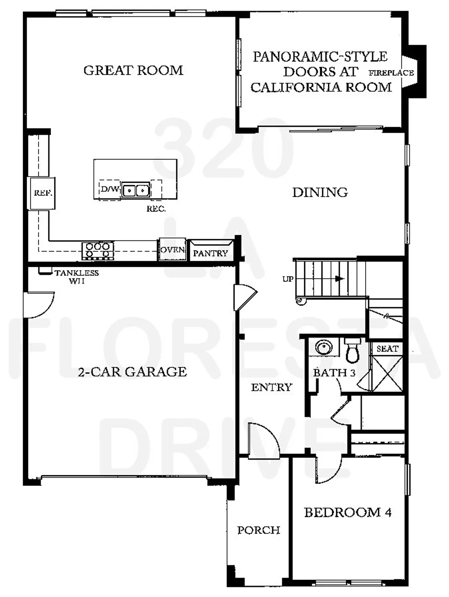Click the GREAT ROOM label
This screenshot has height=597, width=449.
coord(133,70)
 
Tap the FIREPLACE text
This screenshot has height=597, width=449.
coord(391,73)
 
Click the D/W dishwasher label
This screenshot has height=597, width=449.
coord(110,190)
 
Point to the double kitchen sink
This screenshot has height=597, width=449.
coord(136,190)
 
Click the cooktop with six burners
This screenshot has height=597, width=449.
coord(98,251)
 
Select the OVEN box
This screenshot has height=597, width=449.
coord(172,250)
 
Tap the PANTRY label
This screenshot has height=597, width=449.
coord(210,253)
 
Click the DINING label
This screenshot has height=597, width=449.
coord(320,192)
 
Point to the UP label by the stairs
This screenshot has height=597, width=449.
coord(288,279)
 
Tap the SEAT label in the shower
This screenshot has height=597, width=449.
coord(387,349)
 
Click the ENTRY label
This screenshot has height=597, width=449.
coord(271,387)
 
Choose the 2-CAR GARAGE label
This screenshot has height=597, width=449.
coord(132,372)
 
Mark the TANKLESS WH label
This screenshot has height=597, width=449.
coord(77,277)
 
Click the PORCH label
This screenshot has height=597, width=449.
coord(259,530)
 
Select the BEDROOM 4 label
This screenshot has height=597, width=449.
coord(348,512)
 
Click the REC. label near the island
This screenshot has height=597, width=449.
coord(156,209)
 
